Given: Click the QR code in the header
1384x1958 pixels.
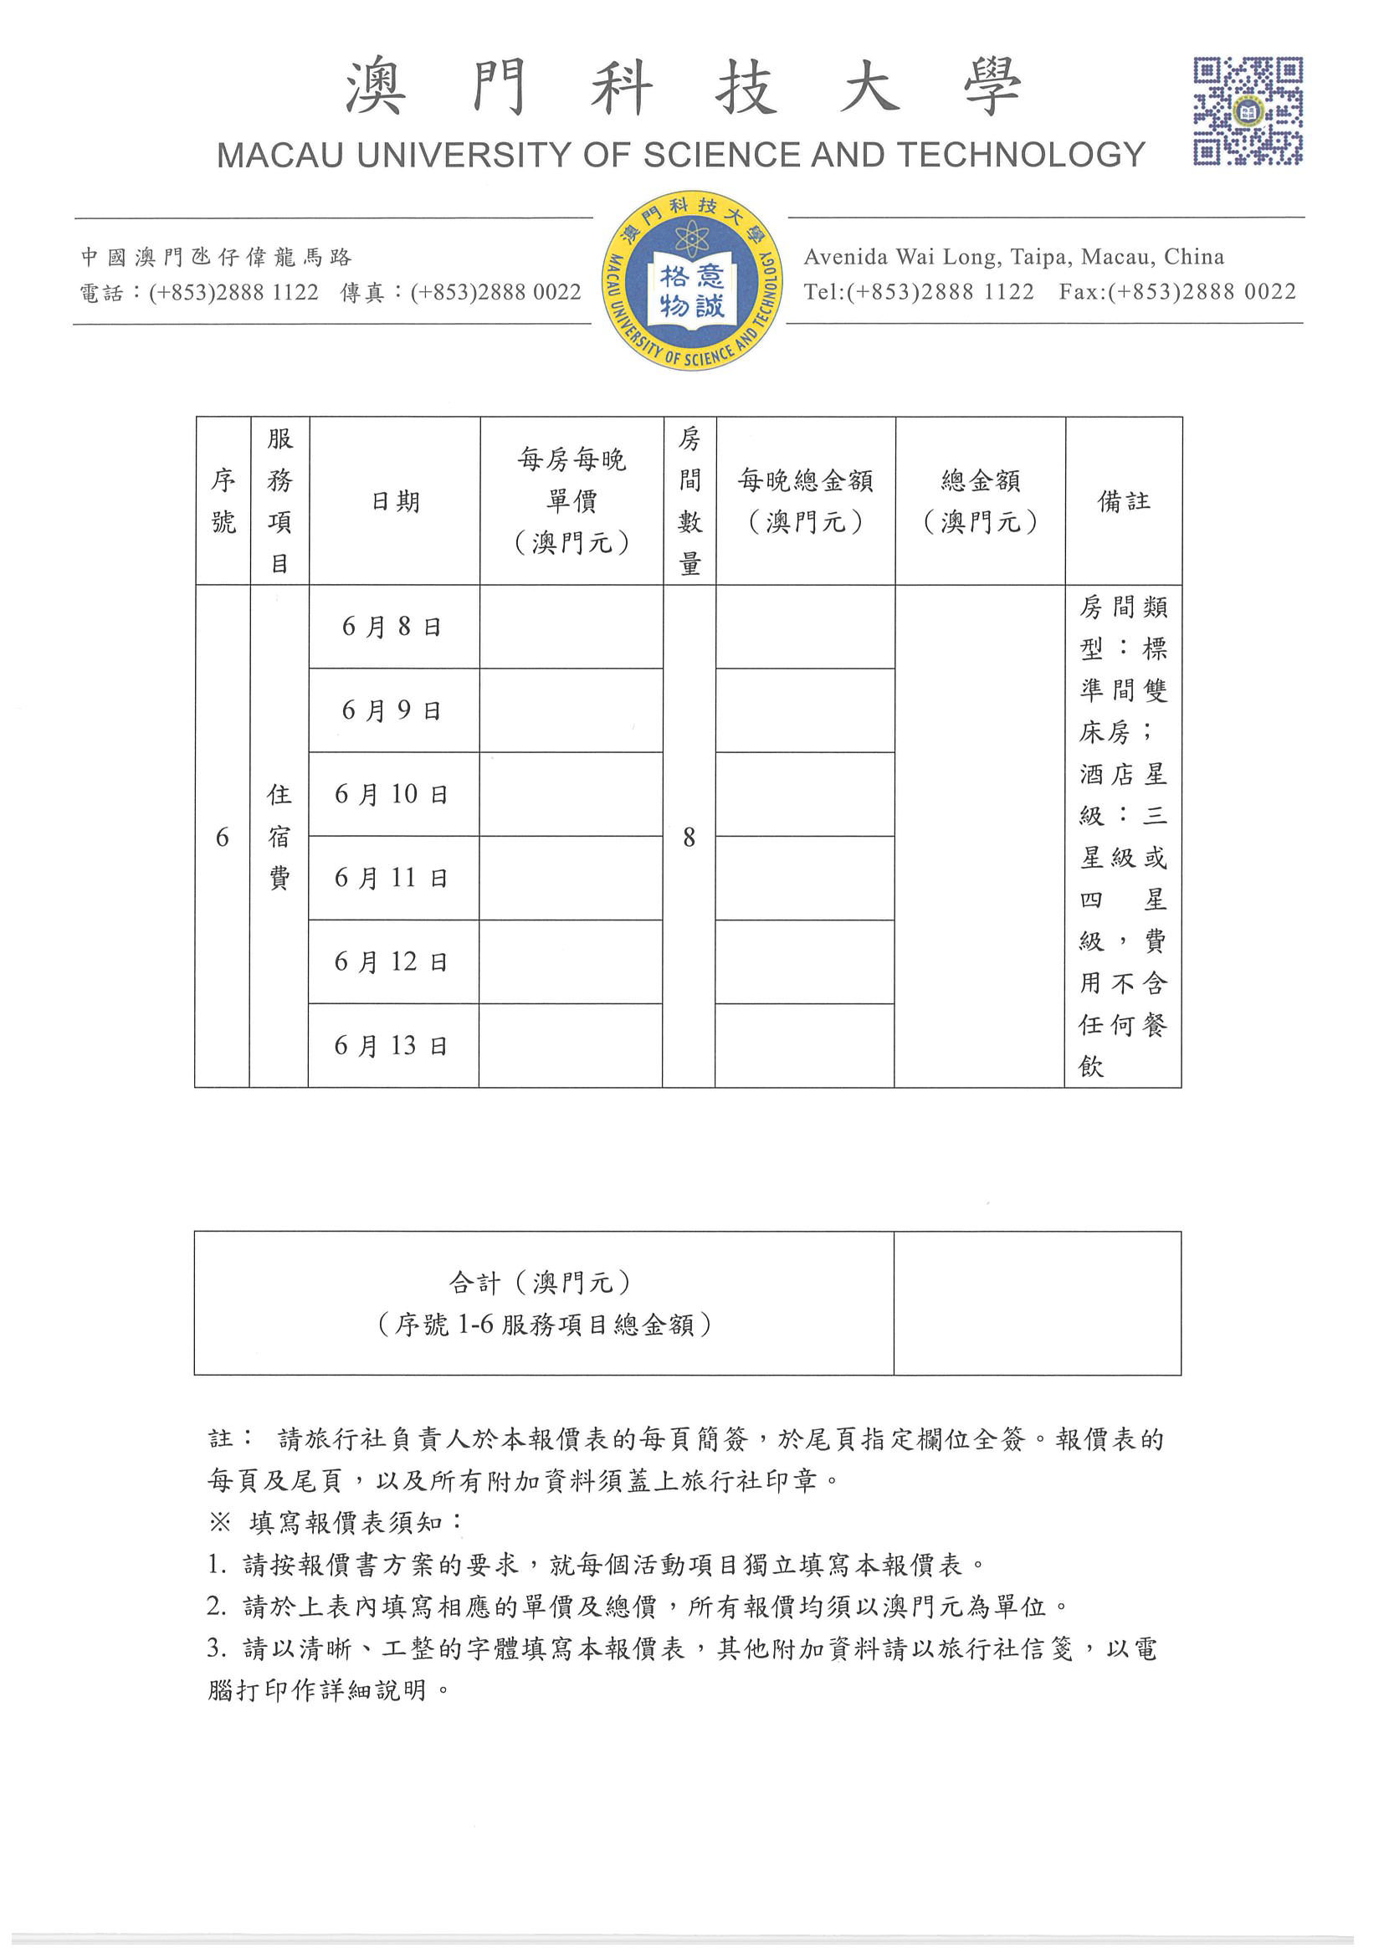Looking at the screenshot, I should (x=1247, y=110).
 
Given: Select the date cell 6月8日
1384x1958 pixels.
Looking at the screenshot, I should (x=392, y=628).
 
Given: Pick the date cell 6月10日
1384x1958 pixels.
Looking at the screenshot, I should (x=392, y=795).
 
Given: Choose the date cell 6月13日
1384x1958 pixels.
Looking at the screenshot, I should (x=392, y=1045).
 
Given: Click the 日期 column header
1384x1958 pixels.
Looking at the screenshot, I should (x=395, y=501).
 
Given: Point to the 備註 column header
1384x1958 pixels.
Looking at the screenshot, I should (x=1123, y=501).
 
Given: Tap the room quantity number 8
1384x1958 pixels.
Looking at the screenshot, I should (x=689, y=838).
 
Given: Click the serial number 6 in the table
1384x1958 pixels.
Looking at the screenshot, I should (x=223, y=838).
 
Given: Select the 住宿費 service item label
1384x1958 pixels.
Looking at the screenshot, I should (x=279, y=837).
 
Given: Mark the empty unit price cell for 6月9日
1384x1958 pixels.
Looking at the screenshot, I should (x=572, y=710).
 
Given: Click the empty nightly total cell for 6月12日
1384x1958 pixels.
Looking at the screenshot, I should (x=805, y=962).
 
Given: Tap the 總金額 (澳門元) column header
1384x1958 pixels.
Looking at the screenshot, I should (x=980, y=501).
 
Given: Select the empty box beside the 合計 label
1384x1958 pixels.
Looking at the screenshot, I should (x=1037, y=1303).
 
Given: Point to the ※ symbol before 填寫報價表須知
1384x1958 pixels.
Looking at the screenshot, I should (x=220, y=1522).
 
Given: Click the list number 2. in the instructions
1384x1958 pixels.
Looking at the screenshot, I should (x=217, y=1607).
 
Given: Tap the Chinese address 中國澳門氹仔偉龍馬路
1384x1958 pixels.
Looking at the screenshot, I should (x=217, y=257).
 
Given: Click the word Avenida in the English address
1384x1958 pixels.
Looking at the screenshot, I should (x=845, y=257).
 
